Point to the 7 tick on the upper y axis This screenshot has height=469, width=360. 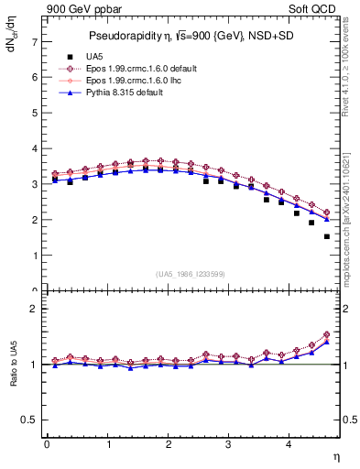[36, 42]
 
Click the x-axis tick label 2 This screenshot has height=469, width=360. [168, 444]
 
